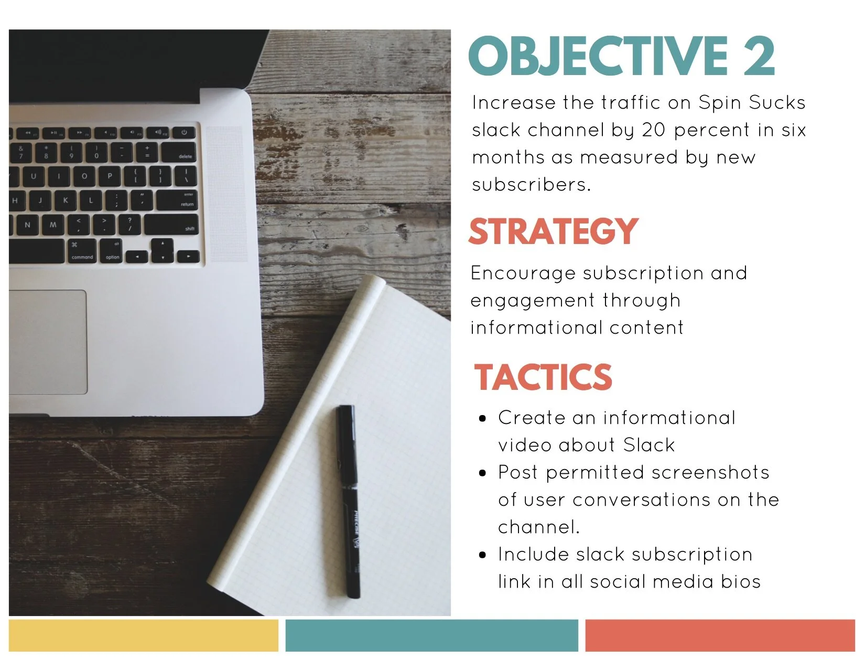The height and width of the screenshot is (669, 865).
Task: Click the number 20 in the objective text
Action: coord(653,130)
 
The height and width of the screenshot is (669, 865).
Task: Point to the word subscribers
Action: coord(532,185)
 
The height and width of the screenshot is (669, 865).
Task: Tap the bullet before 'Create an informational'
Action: coord(483,418)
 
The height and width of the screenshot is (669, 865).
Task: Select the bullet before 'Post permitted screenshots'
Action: coord(483,473)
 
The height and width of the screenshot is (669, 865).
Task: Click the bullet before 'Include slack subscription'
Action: coord(483,555)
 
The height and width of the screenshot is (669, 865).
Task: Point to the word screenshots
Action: coord(710,473)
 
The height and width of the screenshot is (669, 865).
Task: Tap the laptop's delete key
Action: coord(178,153)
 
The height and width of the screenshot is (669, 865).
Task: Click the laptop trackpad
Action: coord(48,342)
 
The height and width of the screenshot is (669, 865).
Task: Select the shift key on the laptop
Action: coord(171,225)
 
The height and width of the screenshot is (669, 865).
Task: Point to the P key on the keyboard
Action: coord(110,176)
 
